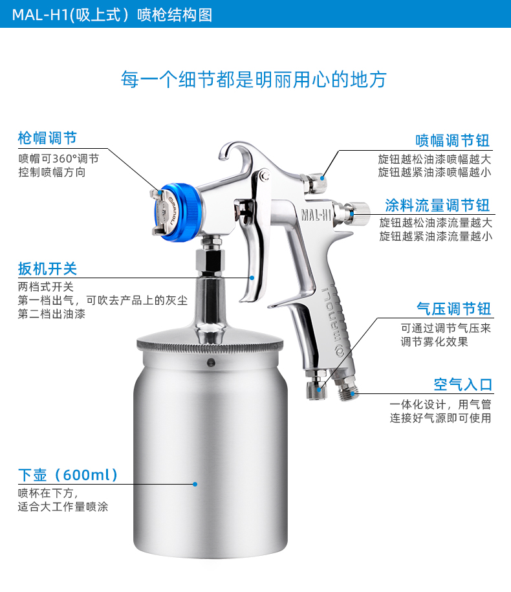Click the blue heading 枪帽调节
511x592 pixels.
[x=48, y=138]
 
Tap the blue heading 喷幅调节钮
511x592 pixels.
[x=453, y=140]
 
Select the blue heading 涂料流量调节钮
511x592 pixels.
[x=437, y=205]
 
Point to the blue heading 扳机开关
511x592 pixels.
[x=48, y=269]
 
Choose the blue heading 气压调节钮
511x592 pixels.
[x=453, y=309]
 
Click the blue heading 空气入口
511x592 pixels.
[x=463, y=385]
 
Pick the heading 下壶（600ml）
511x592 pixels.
[x=69, y=475]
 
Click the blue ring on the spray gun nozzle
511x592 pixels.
[x=186, y=212]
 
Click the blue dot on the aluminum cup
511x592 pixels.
[x=195, y=484]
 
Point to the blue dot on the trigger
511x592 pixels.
[x=252, y=278]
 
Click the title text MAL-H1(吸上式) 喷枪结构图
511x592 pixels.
[x=112, y=15]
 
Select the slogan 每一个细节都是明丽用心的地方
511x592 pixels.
[x=254, y=80]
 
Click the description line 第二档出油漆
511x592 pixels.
[x=52, y=314]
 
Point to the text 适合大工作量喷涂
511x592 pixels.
[x=63, y=507]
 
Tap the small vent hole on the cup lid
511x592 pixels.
[x=212, y=362]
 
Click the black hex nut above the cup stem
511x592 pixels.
[x=210, y=261]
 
